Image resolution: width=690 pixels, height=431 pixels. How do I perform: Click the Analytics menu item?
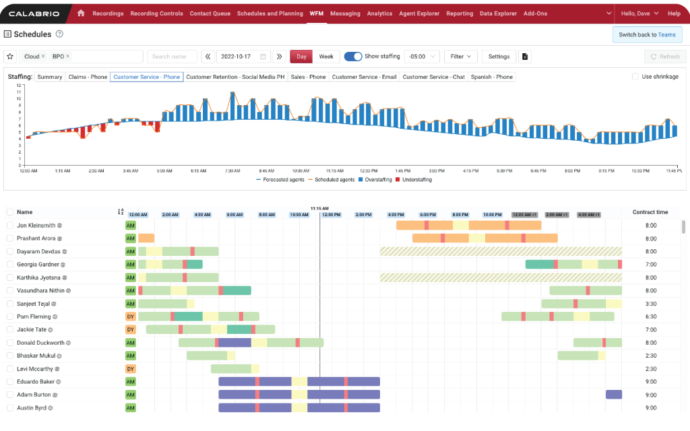pos(379,13)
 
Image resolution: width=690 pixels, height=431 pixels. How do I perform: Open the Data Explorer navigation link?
pos(498,13)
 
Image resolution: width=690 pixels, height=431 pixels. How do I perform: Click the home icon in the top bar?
pos(81,13)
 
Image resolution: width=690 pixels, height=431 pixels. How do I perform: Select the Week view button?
pos(325,57)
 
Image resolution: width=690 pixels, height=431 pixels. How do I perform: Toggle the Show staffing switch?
pos(352,57)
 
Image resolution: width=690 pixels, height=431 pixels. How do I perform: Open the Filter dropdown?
pos(461,57)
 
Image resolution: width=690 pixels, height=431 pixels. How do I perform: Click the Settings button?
pos(499,57)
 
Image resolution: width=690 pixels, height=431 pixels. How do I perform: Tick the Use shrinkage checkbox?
pos(635,77)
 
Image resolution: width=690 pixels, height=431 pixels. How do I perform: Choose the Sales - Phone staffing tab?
pos(308,77)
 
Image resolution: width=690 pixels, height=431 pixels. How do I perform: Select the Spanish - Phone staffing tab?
pos(491,77)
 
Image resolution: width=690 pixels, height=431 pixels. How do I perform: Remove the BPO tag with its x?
pos(67,57)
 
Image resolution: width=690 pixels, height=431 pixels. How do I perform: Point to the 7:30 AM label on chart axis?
pos(232,171)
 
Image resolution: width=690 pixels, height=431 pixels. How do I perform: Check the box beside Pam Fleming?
pos(10,317)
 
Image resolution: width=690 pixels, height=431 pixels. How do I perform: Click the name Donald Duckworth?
pos(40,343)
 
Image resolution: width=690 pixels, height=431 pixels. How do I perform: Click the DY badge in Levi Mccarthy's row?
pos(131,369)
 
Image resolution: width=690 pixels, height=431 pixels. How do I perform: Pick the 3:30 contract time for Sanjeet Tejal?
pos(650,304)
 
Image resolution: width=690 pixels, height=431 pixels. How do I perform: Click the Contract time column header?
pos(650,212)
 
